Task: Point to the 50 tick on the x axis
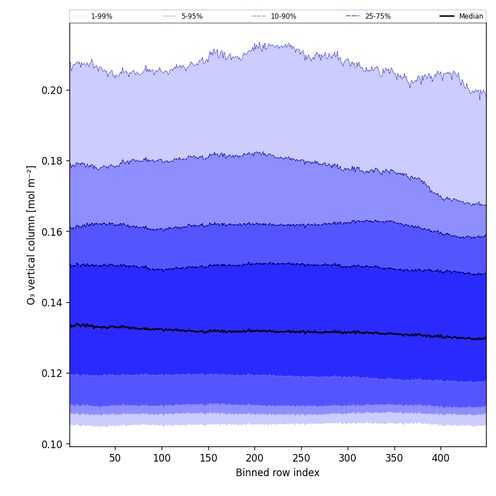[x=115, y=459]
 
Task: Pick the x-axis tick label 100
[x=162, y=459]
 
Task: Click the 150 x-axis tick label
[x=208, y=459]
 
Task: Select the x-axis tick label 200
[x=254, y=459]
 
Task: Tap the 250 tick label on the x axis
[x=301, y=459]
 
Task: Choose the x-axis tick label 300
[x=348, y=459]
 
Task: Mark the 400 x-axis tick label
[x=441, y=459]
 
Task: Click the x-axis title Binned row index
[x=278, y=473]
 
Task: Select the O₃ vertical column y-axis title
[x=32, y=235]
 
